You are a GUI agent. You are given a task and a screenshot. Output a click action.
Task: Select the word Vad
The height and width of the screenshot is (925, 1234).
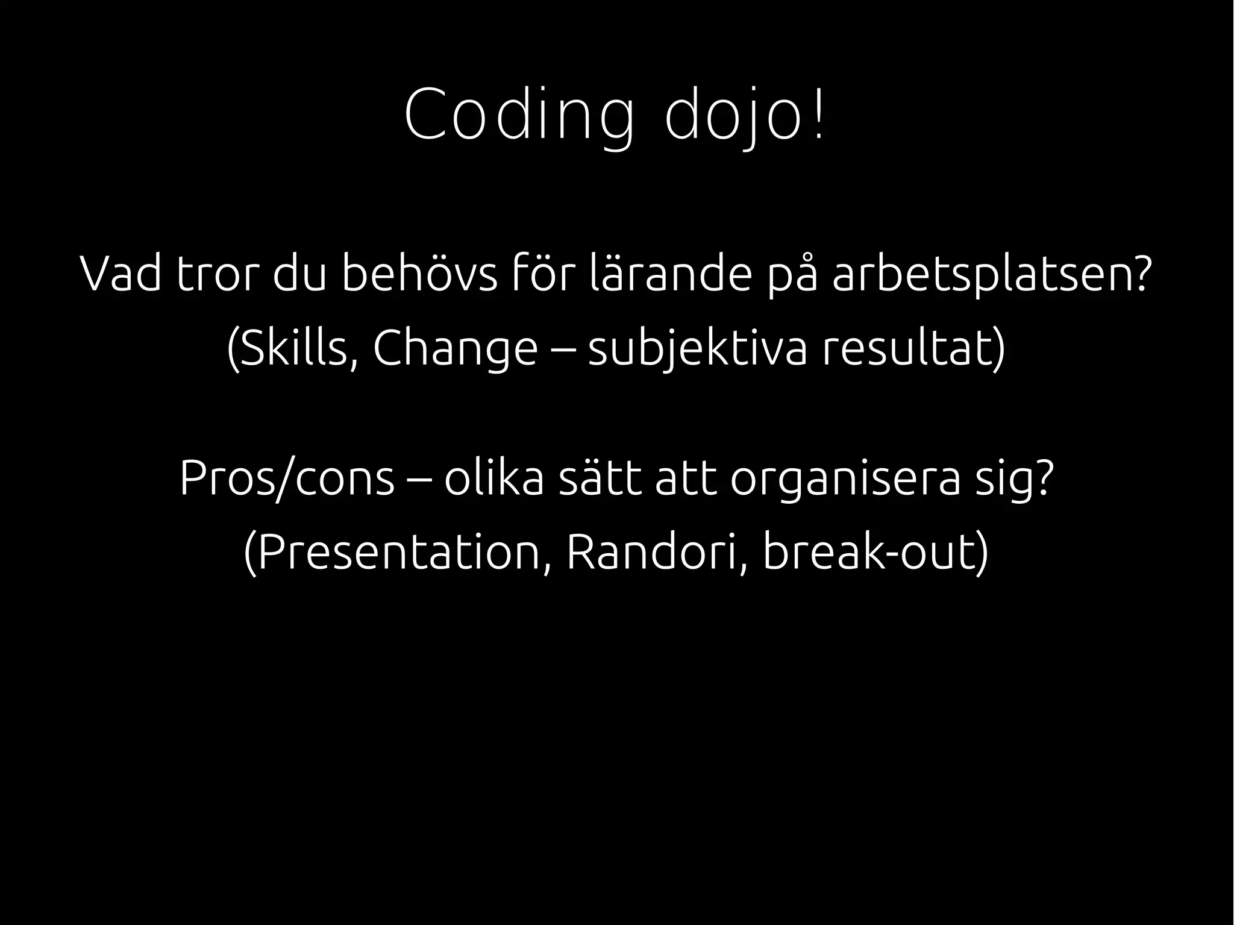tap(121, 274)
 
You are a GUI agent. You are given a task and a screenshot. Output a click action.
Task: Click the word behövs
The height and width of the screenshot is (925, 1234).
tap(420, 274)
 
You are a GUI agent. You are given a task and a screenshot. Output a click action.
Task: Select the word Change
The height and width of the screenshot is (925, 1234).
tap(455, 350)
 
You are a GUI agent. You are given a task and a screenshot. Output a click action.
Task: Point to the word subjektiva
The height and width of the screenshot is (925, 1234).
tap(697, 350)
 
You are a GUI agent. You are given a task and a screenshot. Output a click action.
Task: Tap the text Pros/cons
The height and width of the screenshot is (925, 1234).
tap(287, 479)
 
